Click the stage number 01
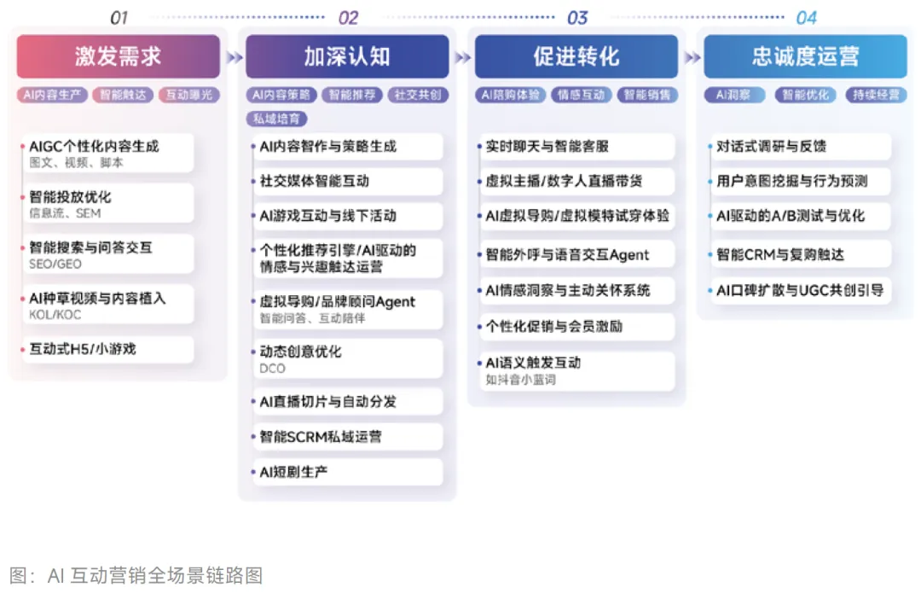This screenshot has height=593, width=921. point(119,17)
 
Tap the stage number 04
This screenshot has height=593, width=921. point(806,17)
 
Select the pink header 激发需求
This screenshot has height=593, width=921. point(118,57)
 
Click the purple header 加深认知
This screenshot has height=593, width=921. point(347,57)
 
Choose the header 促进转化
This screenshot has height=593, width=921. point(576,57)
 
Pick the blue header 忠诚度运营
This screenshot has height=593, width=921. point(806,57)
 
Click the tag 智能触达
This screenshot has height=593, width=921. point(123,96)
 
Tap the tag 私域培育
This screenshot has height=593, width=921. point(277,119)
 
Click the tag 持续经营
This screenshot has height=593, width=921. point(878,96)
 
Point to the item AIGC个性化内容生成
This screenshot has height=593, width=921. point(94,147)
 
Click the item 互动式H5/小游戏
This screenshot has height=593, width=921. point(83,349)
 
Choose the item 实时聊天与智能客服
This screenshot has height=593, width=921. point(547,147)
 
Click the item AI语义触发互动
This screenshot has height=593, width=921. point(533,363)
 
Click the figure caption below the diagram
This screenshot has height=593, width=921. point(136,574)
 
